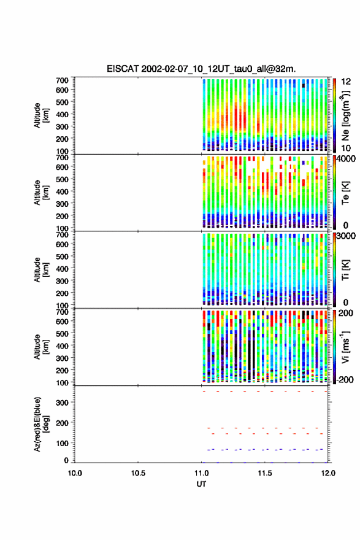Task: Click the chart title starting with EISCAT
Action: click(x=201, y=69)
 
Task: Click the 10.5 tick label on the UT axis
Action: click(x=138, y=473)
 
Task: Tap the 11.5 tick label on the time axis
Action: click(x=264, y=473)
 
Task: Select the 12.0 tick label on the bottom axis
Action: click(x=327, y=473)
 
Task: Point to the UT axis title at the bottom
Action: click(x=201, y=484)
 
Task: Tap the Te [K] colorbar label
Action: click(x=345, y=193)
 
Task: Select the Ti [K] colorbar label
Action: click(x=345, y=270)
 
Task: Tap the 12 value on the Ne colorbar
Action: click(x=346, y=82)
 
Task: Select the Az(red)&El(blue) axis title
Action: click(x=41, y=424)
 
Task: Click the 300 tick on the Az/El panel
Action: click(x=62, y=403)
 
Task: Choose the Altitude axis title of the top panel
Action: click(x=41, y=115)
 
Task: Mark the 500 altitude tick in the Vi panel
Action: click(x=62, y=333)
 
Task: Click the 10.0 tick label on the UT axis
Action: click(x=75, y=473)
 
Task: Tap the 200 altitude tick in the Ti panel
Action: click(x=62, y=293)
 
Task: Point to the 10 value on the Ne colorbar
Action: click(x=346, y=148)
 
